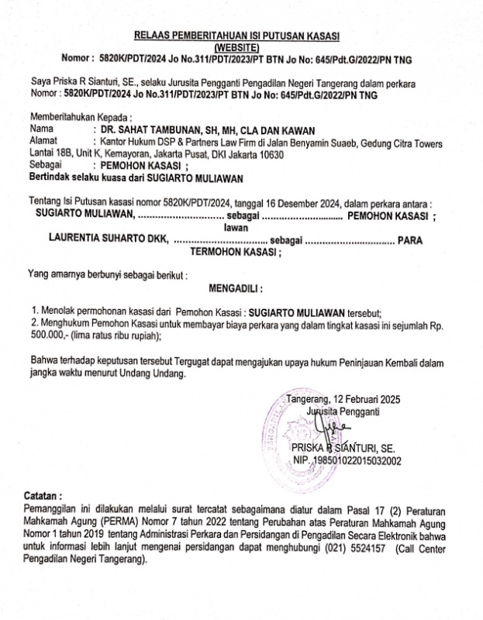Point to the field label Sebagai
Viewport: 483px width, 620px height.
[x=46, y=166]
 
